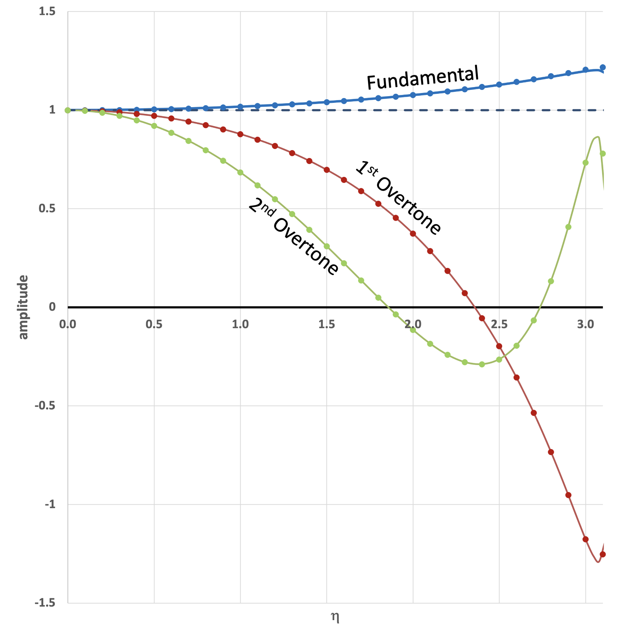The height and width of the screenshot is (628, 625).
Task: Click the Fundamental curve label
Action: coord(423,78)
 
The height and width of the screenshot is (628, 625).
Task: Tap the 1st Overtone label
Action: coord(398,198)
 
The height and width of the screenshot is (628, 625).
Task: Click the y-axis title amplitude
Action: coord(24,307)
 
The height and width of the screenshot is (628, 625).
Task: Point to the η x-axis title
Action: coord(335,617)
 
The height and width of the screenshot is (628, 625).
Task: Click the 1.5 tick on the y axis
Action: coord(47,12)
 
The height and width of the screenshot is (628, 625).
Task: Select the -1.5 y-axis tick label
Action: coord(45,603)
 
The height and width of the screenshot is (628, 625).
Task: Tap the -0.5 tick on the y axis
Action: coord(45,406)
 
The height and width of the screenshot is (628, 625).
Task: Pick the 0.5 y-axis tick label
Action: coord(47,209)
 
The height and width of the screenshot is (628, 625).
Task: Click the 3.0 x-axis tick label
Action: coord(585,324)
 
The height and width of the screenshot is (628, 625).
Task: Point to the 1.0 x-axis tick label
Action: coord(240,324)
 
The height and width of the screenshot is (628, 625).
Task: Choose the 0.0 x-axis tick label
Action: coord(68,324)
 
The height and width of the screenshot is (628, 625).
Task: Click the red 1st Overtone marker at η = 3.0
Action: coord(585,539)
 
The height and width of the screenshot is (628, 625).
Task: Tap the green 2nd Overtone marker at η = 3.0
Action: coord(585,163)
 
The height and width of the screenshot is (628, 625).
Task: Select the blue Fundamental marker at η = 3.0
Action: coord(585,70)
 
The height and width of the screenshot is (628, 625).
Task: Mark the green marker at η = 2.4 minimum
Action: coord(482,364)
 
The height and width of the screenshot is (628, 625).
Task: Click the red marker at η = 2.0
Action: coord(413,234)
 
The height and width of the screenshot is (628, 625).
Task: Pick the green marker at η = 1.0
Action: coord(240,173)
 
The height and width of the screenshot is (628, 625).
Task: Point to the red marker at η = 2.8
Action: coord(551,452)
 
